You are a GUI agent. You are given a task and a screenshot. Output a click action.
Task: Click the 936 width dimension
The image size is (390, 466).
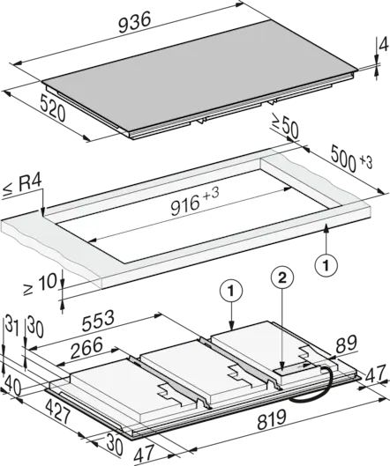click(x=135, y=22)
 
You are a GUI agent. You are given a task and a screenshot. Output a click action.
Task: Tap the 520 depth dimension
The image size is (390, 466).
click(x=53, y=108)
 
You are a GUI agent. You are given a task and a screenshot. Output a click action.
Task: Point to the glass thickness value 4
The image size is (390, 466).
click(x=384, y=46)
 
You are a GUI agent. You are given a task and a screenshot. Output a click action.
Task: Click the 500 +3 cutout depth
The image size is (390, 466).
click(x=351, y=159)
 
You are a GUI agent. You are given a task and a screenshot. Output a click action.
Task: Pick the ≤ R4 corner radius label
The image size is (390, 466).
click(x=22, y=186)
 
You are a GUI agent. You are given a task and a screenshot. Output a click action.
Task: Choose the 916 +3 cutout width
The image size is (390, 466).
click(x=195, y=201)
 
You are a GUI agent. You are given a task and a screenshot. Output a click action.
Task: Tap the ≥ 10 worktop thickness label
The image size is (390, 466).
click(x=41, y=285)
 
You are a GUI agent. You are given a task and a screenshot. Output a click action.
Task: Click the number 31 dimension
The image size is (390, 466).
click(x=11, y=326)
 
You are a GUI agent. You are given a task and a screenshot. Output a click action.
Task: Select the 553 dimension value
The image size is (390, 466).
click(x=98, y=321)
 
